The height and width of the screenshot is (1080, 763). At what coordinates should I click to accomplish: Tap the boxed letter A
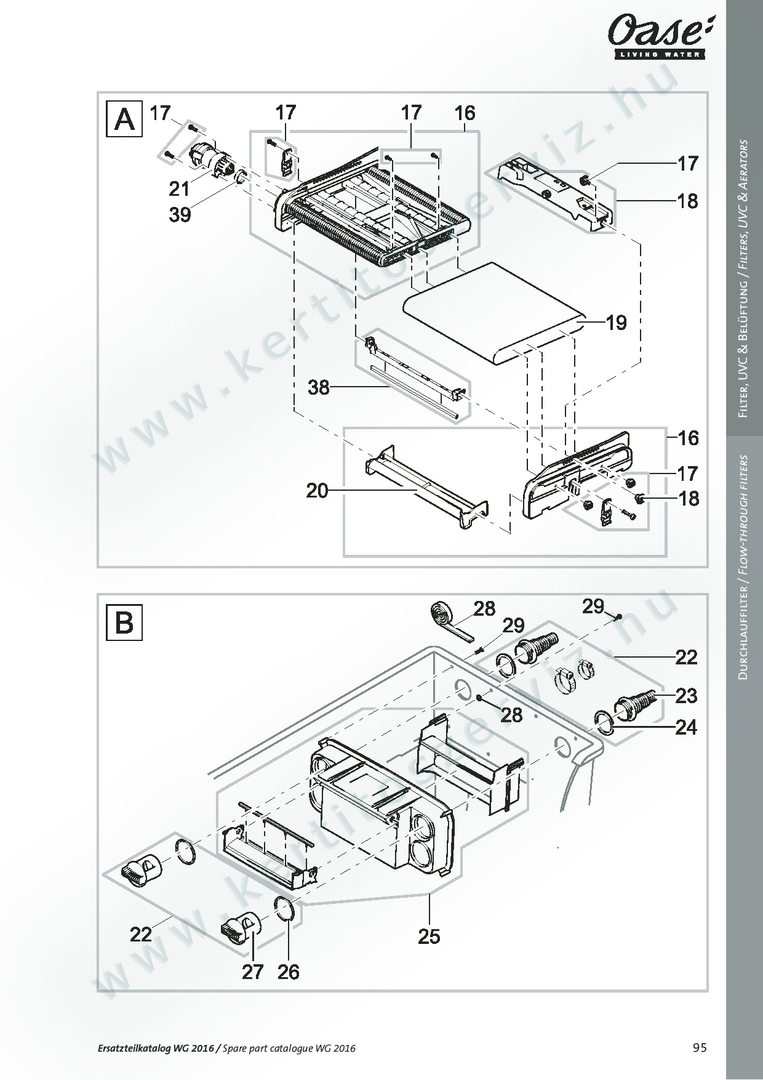click(125, 119)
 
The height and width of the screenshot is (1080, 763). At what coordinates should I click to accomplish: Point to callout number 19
click(617, 322)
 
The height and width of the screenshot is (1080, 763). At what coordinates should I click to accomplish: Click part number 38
click(319, 388)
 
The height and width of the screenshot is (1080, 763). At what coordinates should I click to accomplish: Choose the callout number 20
click(318, 491)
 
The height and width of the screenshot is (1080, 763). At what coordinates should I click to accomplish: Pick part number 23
click(686, 696)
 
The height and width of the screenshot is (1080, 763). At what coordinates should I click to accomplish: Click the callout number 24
click(686, 727)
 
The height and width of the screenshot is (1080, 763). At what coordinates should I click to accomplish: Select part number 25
click(429, 937)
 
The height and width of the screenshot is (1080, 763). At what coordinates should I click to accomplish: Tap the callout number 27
click(253, 972)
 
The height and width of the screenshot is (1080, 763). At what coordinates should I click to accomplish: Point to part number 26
click(289, 972)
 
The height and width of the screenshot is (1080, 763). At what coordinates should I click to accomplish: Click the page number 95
click(700, 1048)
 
